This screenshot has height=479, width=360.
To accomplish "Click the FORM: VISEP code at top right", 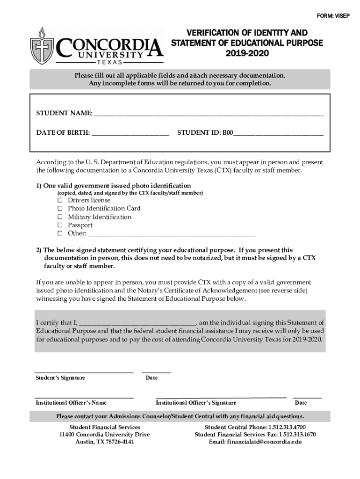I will [333, 16].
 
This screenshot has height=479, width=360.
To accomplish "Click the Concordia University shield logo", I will [42, 46].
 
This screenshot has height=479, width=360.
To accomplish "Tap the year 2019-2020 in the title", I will [247, 54].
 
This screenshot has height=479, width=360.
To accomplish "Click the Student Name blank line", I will [209, 114].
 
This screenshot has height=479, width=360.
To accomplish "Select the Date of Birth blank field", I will [130, 133].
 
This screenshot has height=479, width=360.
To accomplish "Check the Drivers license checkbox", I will [60, 200].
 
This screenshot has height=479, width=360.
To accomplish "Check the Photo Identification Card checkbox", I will [60, 209].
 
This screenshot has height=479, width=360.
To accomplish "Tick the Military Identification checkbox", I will [60, 217].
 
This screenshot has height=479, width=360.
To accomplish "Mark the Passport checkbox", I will [60, 225].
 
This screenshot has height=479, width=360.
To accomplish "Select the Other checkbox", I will [60, 233].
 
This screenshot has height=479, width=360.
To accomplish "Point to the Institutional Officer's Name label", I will [71, 403].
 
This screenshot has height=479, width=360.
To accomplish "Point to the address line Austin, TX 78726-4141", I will [105, 442].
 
